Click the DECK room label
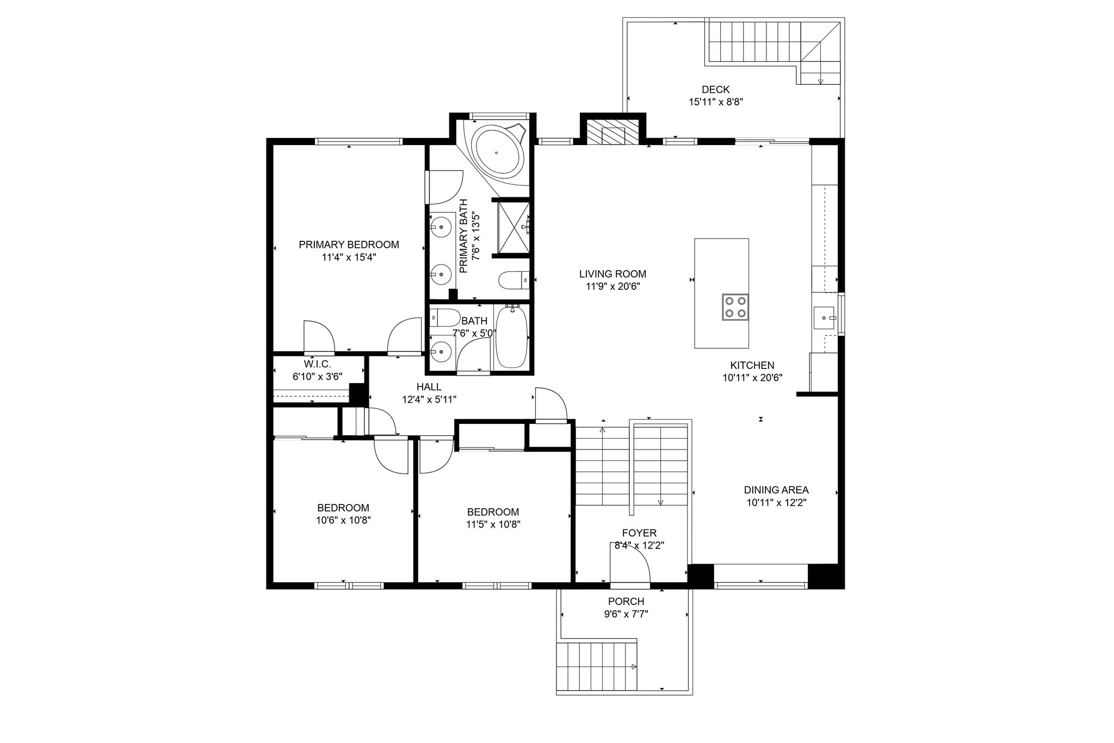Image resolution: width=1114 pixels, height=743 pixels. (x=715, y=90)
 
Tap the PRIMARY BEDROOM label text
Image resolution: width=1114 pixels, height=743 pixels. (x=349, y=245)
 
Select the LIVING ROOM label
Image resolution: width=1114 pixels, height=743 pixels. (x=612, y=274)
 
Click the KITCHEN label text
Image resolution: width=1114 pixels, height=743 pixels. (x=752, y=365)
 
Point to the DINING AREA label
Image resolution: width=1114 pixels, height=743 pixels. (x=776, y=490)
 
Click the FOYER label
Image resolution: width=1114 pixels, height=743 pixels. (x=640, y=533)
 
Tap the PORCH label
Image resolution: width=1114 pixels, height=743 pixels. (x=626, y=602)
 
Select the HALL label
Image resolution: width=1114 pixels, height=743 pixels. (x=429, y=387)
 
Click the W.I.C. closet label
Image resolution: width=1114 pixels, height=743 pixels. (x=317, y=364)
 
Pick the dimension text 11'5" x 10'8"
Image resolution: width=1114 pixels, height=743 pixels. (x=493, y=525)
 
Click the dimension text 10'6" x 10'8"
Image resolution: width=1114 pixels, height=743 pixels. (x=343, y=520)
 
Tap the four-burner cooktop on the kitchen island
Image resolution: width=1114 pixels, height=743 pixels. (x=735, y=307)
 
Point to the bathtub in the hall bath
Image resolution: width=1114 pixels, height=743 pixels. (x=512, y=336)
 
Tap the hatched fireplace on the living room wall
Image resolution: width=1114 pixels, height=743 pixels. (x=613, y=131)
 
